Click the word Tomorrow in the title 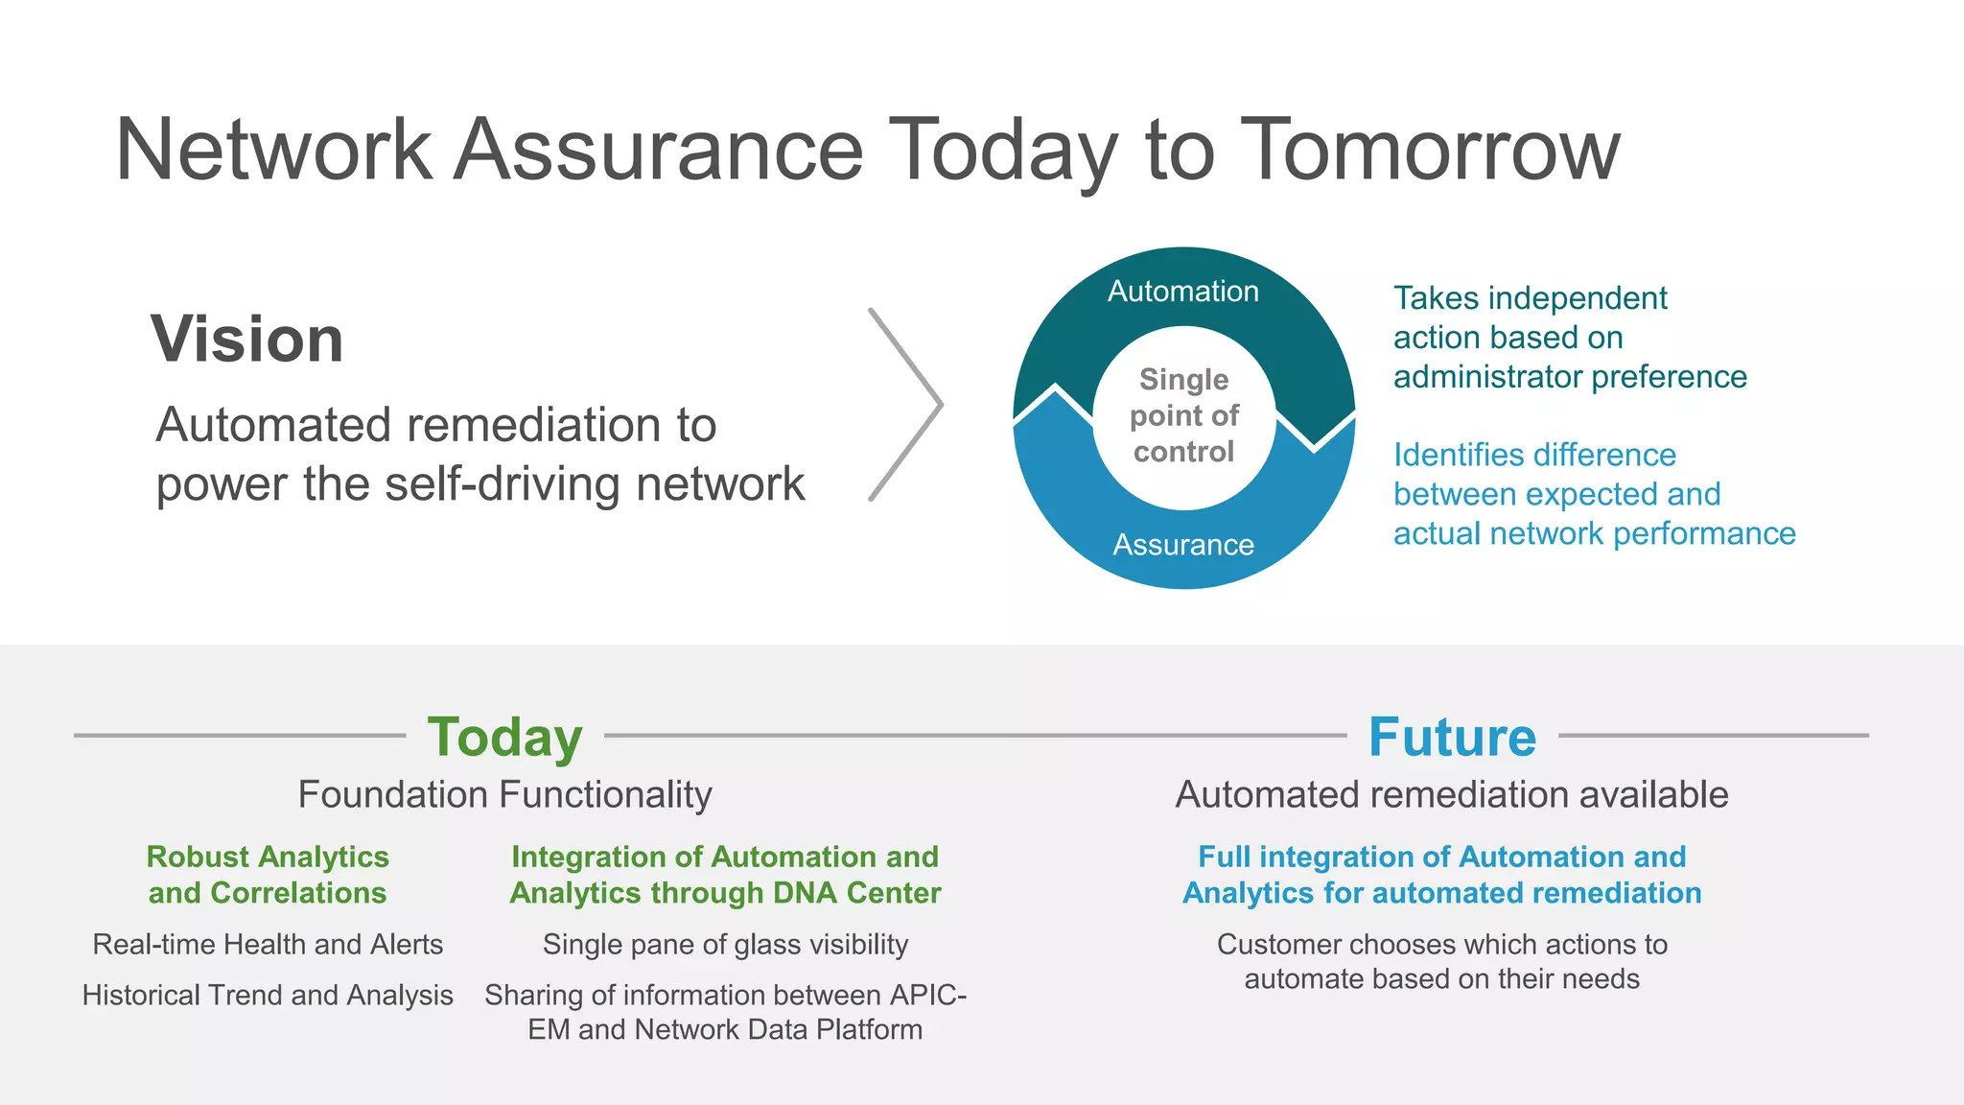(1429, 150)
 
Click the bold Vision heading (247, 340)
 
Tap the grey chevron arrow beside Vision (906, 405)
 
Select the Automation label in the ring (1182, 292)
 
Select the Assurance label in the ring (1182, 545)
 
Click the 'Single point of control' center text (1183, 415)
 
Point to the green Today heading (504, 737)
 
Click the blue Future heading (1451, 737)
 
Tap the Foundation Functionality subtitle (504, 794)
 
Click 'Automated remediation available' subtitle (1451, 794)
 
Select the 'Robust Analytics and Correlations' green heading (268, 874)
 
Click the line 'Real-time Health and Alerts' (268, 944)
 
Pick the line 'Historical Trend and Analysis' (268, 995)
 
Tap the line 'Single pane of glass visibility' (725, 944)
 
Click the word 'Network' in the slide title (273, 150)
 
